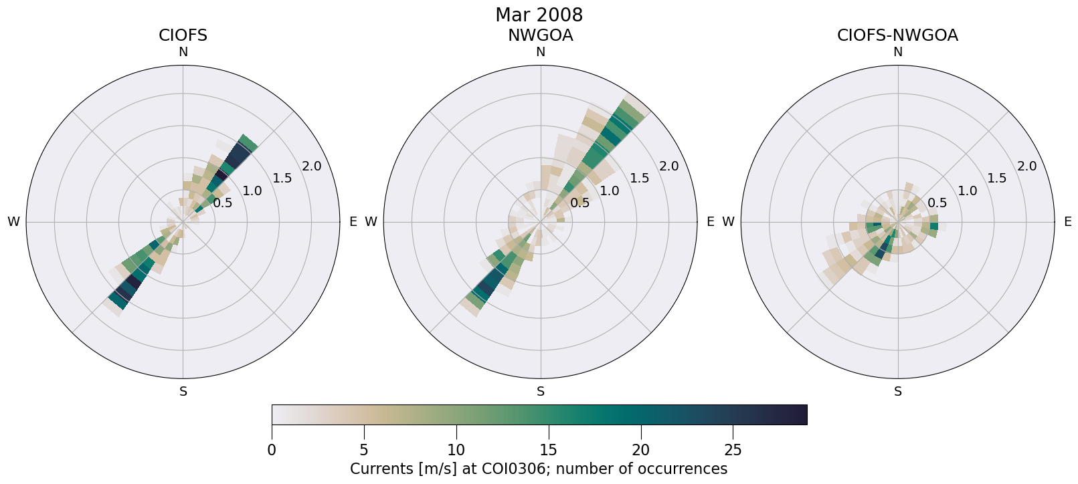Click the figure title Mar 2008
coord(539,15)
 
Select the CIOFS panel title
coord(183,35)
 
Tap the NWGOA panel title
coord(540,35)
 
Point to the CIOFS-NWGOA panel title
coord(897,35)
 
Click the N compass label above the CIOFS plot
coord(183,52)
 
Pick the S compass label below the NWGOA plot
coord(541,392)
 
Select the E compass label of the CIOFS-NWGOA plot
coord(1067,222)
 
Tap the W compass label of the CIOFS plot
coord(13,222)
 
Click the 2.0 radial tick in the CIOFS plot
coord(312,166)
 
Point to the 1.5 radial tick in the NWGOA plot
coord(640,178)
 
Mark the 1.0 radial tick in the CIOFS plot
coord(252,191)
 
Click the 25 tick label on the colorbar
coord(733,450)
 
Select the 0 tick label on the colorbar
coord(272,450)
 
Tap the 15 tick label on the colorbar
coord(549,450)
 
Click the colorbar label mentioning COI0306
coord(539,469)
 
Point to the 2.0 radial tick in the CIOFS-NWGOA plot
coord(1026,166)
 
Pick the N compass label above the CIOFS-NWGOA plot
coord(898,52)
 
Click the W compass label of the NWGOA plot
coord(371,222)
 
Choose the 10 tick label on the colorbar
coord(456,450)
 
